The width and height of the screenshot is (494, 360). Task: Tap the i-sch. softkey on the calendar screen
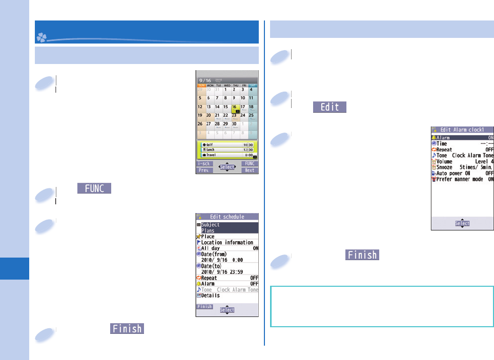[205, 164]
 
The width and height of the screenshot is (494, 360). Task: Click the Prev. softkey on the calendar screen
[205, 170]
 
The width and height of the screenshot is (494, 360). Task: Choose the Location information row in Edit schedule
[227, 242]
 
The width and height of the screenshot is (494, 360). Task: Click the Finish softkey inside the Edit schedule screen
[205, 307]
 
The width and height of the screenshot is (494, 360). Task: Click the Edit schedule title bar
[227, 217]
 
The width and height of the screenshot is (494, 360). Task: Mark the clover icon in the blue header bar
[42, 37]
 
